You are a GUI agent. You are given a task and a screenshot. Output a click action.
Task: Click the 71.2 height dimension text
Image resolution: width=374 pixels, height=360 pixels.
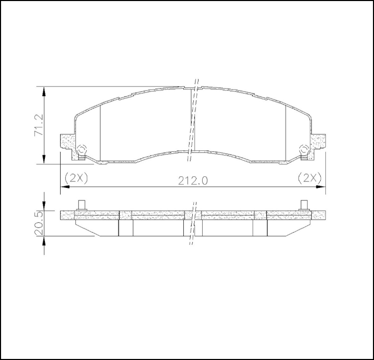38,125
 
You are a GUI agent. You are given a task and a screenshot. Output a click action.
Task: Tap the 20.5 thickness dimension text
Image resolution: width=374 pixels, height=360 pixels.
39,223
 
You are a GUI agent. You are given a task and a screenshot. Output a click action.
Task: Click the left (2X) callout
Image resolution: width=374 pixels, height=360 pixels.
76,177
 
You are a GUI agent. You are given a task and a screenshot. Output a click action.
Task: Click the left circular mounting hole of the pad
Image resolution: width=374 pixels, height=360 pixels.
81,150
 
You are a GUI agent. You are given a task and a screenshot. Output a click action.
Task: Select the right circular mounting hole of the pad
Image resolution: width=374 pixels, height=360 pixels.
303,150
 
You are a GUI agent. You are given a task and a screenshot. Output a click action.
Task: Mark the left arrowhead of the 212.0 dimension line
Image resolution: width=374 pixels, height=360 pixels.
64,186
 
